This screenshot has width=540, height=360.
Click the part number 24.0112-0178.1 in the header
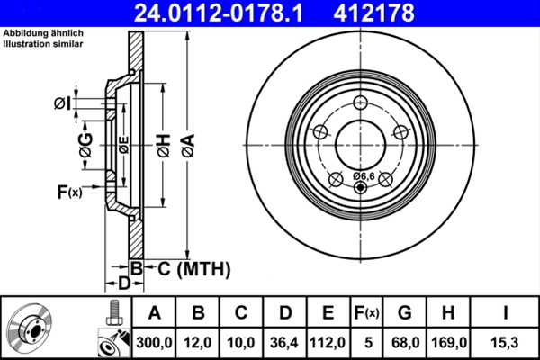[219, 13]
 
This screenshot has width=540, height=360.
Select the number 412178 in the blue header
[373, 13]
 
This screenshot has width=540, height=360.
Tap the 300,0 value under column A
[154, 343]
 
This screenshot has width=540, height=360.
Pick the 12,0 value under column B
[197, 343]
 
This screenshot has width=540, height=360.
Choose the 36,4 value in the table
[284, 343]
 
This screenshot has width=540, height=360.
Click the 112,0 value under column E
[328, 343]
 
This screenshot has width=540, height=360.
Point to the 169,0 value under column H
[449, 343]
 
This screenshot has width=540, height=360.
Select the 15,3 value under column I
[505, 343]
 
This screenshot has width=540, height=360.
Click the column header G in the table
[405, 313]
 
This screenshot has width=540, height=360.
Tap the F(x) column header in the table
[366, 313]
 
